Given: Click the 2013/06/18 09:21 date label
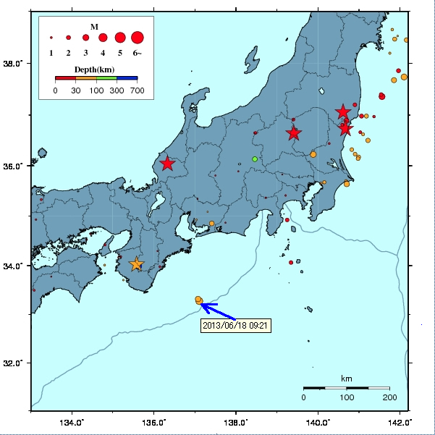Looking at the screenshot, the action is click(x=237, y=325).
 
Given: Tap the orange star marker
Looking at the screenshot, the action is click(x=136, y=264).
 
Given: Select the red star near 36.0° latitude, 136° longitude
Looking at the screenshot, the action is click(x=167, y=164).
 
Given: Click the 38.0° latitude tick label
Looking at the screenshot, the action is click(x=14, y=64).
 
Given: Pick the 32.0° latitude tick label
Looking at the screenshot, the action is click(x=14, y=363).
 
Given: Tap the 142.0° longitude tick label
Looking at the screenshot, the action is click(x=400, y=422).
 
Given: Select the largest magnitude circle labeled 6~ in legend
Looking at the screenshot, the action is click(x=138, y=37).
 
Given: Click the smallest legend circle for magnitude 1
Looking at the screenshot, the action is click(x=51, y=37).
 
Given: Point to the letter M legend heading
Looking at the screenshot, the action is click(x=94, y=26).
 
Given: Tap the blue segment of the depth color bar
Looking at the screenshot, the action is click(x=127, y=77).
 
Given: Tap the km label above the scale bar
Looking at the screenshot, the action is click(x=346, y=379).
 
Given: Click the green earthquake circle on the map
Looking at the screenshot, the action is click(x=255, y=159).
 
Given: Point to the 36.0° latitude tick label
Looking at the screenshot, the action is click(x=14, y=166).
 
